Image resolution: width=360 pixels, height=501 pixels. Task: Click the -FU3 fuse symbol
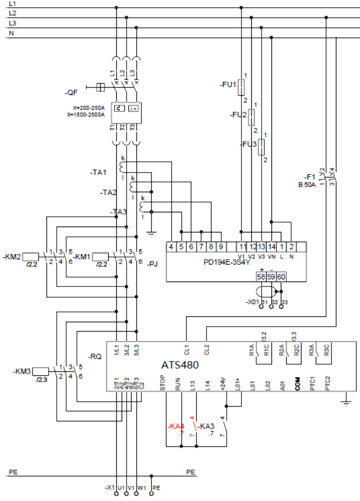[262, 147]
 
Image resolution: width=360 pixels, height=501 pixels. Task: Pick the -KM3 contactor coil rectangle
[41, 371]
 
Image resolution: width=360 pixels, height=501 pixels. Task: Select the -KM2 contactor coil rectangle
[31, 257]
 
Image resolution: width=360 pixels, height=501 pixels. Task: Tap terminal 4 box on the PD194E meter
[171, 246]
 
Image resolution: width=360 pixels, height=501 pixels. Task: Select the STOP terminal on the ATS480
[166, 385]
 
